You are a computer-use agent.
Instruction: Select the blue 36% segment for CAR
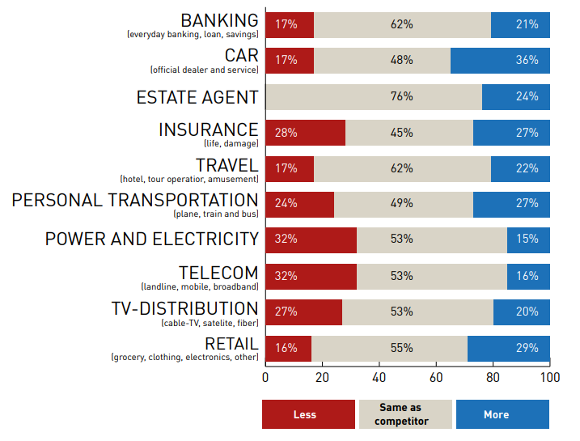point(500,60)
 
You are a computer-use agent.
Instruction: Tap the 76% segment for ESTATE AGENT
point(374,96)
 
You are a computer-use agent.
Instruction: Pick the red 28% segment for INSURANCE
point(305,133)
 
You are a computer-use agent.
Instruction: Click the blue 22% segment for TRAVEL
point(520,168)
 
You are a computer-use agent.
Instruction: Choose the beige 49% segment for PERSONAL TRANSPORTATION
point(403,204)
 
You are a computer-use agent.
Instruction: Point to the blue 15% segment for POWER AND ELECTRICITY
point(528,240)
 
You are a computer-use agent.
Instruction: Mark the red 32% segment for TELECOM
point(311,276)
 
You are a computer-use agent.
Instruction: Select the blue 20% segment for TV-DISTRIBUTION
point(521,312)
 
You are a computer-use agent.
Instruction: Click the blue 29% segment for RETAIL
point(508,348)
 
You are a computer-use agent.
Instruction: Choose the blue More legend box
point(502,414)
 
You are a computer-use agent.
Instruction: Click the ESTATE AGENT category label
point(197,97)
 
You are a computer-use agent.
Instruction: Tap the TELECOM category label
point(218,273)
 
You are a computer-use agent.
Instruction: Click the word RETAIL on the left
point(231,344)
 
